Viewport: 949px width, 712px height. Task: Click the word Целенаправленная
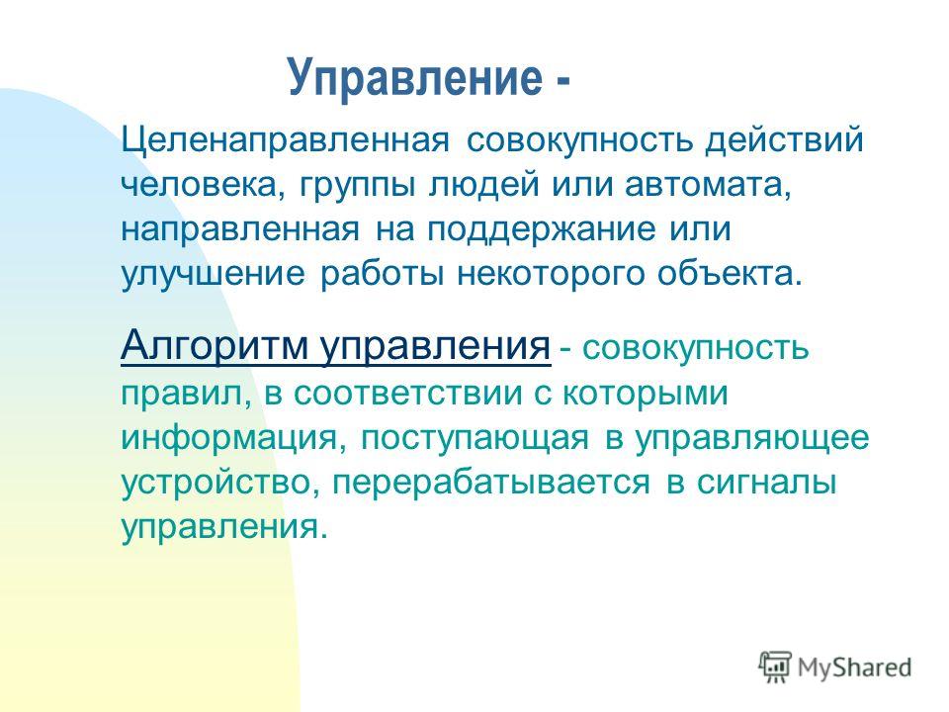coord(286,140)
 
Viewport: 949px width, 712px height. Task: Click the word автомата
coord(708,185)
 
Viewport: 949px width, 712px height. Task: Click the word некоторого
coord(551,274)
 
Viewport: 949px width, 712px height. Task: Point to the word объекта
coord(731,274)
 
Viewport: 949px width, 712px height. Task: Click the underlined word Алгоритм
coord(215,346)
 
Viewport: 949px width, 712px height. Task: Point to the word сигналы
coord(767,484)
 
